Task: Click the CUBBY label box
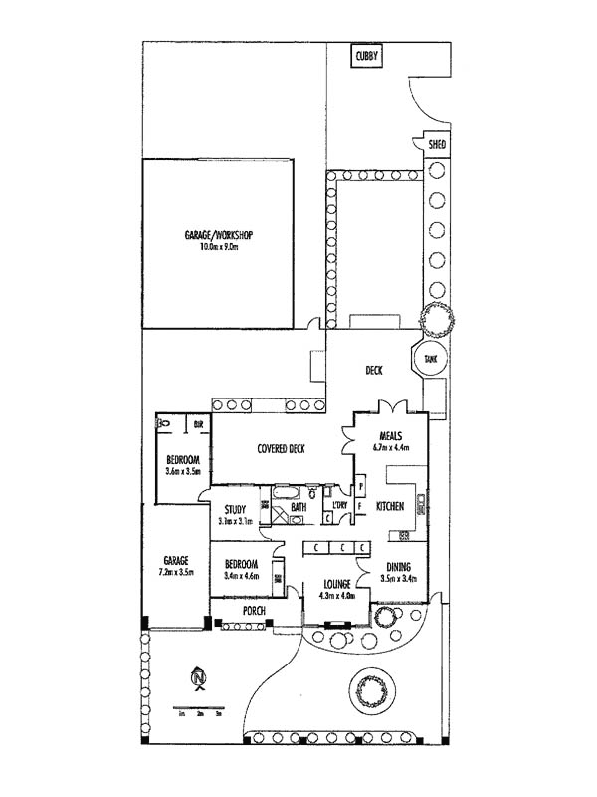pos(366,59)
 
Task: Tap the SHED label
pos(437,145)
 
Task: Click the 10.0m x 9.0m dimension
pos(219,246)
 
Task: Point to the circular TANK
pos(430,358)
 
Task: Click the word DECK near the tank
pos(374,371)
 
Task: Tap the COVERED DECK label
pos(281,449)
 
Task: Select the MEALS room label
pos(389,435)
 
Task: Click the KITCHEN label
pos(389,507)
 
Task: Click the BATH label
pos(298,507)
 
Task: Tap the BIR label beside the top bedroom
pos(198,424)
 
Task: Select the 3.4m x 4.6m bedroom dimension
pos(241,575)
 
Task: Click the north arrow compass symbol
pos(200,679)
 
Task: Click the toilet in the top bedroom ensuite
pos(165,425)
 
